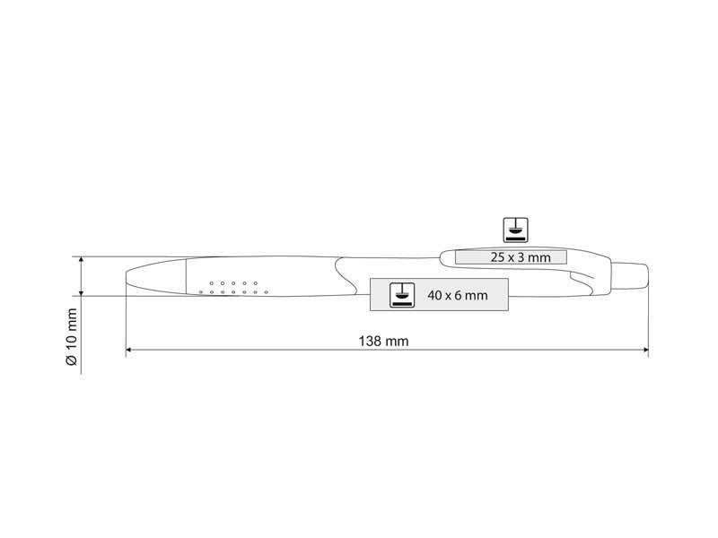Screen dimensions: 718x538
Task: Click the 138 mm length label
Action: (x=383, y=342)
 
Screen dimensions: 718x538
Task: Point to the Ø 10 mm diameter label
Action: (x=73, y=337)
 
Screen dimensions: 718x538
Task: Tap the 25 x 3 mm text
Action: (x=521, y=257)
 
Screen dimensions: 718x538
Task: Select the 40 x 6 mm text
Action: (x=458, y=295)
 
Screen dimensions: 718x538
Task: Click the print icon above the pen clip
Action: (x=515, y=230)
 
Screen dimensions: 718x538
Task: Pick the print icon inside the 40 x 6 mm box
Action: (x=402, y=295)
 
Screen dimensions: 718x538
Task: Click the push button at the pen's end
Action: (x=630, y=275)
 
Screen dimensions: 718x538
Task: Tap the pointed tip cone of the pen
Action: (x=156, y=276)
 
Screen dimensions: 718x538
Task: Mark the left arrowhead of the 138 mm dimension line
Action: (x=128, y=350)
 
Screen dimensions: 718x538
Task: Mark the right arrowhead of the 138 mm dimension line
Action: (x=645, y=350)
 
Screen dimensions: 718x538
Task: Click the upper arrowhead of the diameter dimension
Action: (x=82, y=260)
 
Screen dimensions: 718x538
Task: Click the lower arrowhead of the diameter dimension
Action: (x=82, y=293)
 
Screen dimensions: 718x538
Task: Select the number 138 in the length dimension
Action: (x=370, y=342)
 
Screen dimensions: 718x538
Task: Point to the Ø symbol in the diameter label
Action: (x=73, y=360)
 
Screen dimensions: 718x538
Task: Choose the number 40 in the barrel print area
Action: (x=434, y=295)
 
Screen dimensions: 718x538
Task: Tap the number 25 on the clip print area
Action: (x=497, y=257)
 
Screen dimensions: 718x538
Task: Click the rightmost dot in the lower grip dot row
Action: (x=267, y=292)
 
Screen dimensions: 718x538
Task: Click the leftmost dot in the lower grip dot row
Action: (x=200, y=292)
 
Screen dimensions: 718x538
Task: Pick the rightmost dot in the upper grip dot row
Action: (x=256, y=283)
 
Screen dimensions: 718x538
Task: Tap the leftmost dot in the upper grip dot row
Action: (x=212, y=283)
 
